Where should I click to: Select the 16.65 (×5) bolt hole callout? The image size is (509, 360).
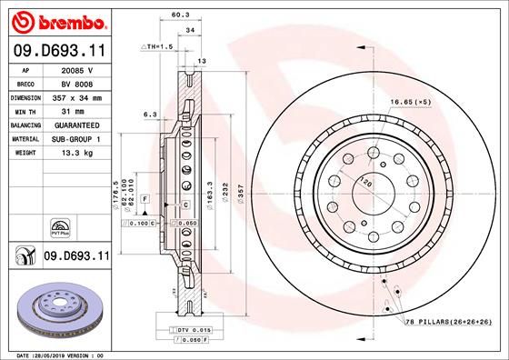pos(409,103)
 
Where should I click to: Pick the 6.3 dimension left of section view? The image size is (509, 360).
pos(150,115)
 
